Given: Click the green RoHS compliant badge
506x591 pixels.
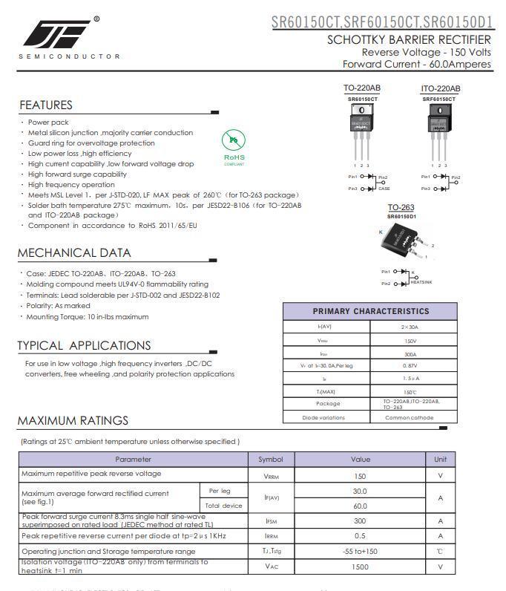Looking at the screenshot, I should (x=234, y=146).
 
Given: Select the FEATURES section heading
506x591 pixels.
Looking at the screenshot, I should (x=46, y=105).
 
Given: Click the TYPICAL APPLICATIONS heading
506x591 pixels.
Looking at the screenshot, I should (x=84, y=345).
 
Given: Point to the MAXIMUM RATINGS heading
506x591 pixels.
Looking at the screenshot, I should (x=73, y=420).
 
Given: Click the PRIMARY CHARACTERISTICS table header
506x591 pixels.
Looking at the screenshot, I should (x=370, y=312).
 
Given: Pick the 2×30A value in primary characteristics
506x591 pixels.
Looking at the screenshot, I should (x=410, y=327).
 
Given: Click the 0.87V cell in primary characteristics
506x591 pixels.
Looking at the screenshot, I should (x=410, y=365).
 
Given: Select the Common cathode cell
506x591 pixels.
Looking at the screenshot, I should (x=410, y=417).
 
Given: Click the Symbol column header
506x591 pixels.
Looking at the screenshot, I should (x=271, y=460).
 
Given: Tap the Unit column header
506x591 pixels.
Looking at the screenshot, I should (x=440, y=460).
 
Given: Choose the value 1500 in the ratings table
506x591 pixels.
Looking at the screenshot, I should (x=360, y=566).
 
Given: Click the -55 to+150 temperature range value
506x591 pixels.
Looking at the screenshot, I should (x=360, y=551).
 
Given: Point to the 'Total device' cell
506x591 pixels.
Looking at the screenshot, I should (x=223, y=506).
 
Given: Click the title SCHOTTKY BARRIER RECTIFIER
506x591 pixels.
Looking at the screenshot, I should (x=409, y=40).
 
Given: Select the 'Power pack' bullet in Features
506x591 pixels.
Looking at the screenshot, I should (x=48, y=123).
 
